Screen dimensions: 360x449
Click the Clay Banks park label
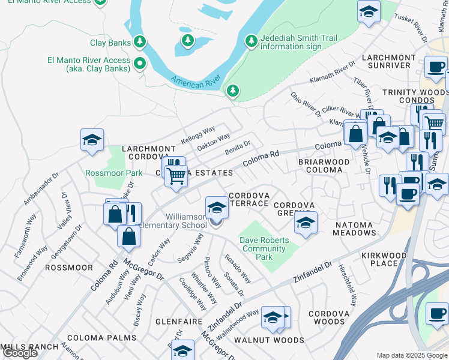[106, 43]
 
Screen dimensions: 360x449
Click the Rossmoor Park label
[114, 173]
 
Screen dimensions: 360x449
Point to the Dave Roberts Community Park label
[264, 248]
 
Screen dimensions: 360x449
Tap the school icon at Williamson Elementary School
[217, 208]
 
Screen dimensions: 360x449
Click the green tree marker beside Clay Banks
[140, 41]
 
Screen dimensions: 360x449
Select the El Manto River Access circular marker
[140, 62]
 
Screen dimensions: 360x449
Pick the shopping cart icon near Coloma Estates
[176, 176]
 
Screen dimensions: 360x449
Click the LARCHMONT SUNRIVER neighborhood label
[388, 62]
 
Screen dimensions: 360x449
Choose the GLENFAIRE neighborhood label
[178, 322]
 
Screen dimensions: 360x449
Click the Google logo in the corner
[20, 353]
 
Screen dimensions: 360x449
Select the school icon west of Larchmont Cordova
[92, 140]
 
